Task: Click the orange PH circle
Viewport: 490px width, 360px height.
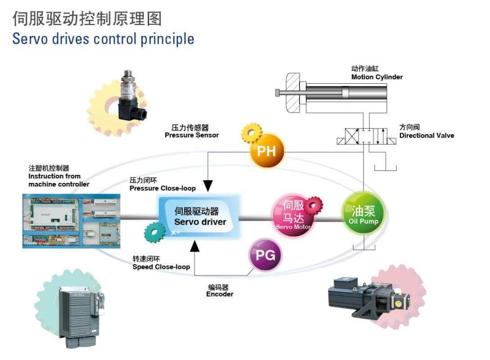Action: point(267,150)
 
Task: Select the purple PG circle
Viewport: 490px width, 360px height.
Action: point(265,256)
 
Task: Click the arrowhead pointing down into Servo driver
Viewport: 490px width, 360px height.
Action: point(208,186)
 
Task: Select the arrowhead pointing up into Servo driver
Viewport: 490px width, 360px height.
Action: point(194,246)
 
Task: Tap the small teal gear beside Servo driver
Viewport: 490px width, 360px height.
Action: point(154,232)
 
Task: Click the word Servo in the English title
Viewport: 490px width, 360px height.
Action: point(30,38)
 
